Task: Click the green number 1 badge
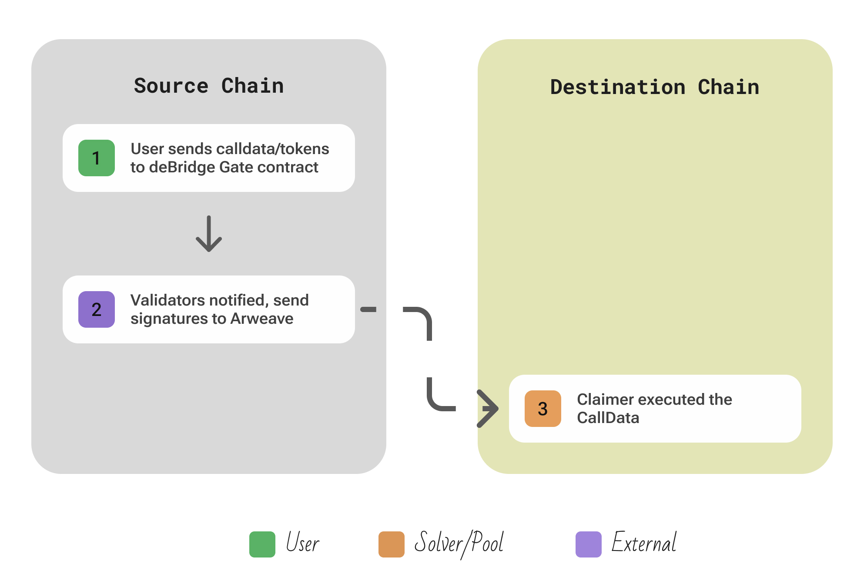coord(97,158)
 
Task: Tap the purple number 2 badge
coord(97,309)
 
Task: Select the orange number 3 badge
coord(543,409)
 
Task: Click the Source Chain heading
coord(209,86)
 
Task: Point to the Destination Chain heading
coord(655,87)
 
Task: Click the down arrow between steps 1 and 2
coord(209,234)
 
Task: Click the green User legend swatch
coord(262,544)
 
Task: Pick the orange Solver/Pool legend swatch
coord(392,544)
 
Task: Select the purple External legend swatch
coord(588,544)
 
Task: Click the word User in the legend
coord(303,543)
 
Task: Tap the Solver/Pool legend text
coord(459,543)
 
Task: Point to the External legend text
coord(644,543)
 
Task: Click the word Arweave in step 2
coord(262,319)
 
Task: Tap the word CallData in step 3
coord(608,418)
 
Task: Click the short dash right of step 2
coord(368,309)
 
